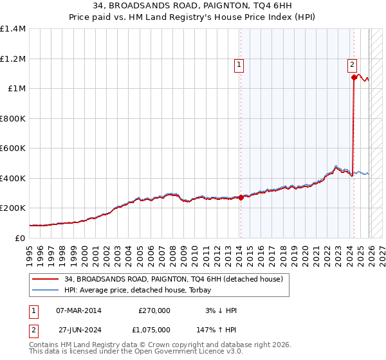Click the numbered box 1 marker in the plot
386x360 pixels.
[x=239, y=64]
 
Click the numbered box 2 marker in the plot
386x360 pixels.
[x=353, y=64]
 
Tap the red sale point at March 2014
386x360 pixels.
[x=241, y=197]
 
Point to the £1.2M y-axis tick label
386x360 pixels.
[x=13, y=59]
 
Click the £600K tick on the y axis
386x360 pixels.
[x=13, y=148]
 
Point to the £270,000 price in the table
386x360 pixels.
[x=154, y=310]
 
